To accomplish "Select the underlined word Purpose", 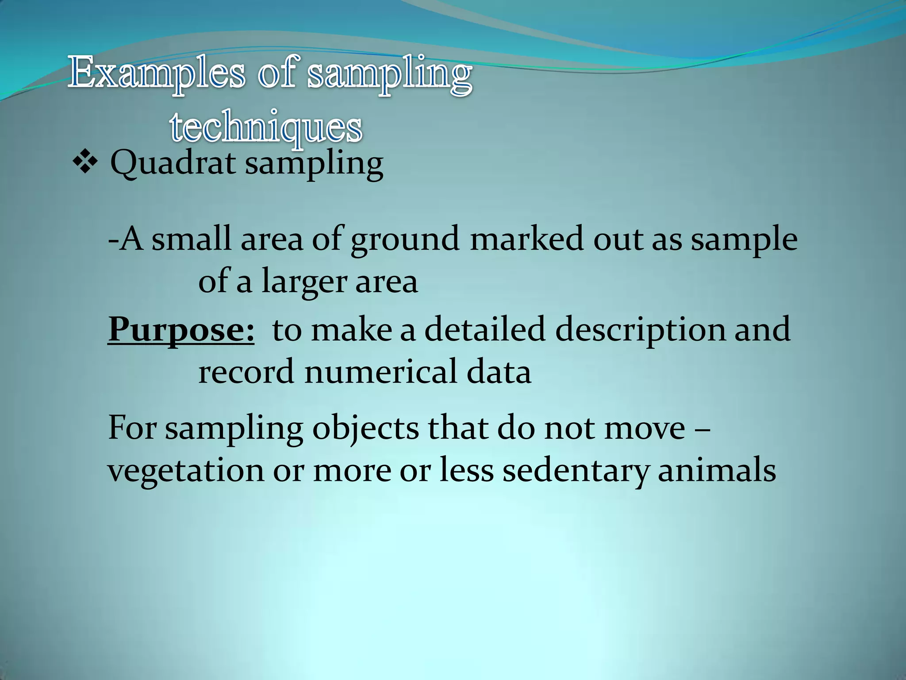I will [181, 330].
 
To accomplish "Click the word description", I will [640, 330].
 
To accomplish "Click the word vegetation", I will [186, 471].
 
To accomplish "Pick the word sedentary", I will [576, 471].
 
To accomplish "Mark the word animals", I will [717, 470].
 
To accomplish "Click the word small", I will [192, 239].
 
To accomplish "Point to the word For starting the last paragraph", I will [132, 428].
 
